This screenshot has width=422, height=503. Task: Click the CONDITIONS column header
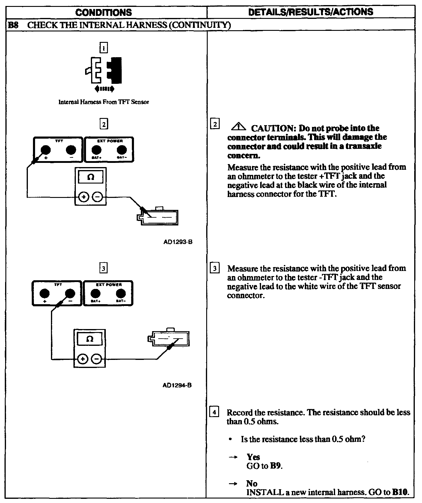coord(103,12)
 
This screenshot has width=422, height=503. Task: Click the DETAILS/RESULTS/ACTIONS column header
coord(311,12)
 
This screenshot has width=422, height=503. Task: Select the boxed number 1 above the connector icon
coord(103,48)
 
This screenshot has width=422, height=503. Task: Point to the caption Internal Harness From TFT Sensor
coord(104,102)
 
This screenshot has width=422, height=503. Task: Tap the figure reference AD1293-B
coord(178,242)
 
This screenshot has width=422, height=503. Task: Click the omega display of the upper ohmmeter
coord(91,177)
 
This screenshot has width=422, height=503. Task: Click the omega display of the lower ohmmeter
coord(89,339)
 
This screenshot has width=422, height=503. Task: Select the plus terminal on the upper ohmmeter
coord(84,197)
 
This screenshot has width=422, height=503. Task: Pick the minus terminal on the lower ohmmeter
coord(97,359)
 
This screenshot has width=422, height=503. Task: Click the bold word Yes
coord(253,457)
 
